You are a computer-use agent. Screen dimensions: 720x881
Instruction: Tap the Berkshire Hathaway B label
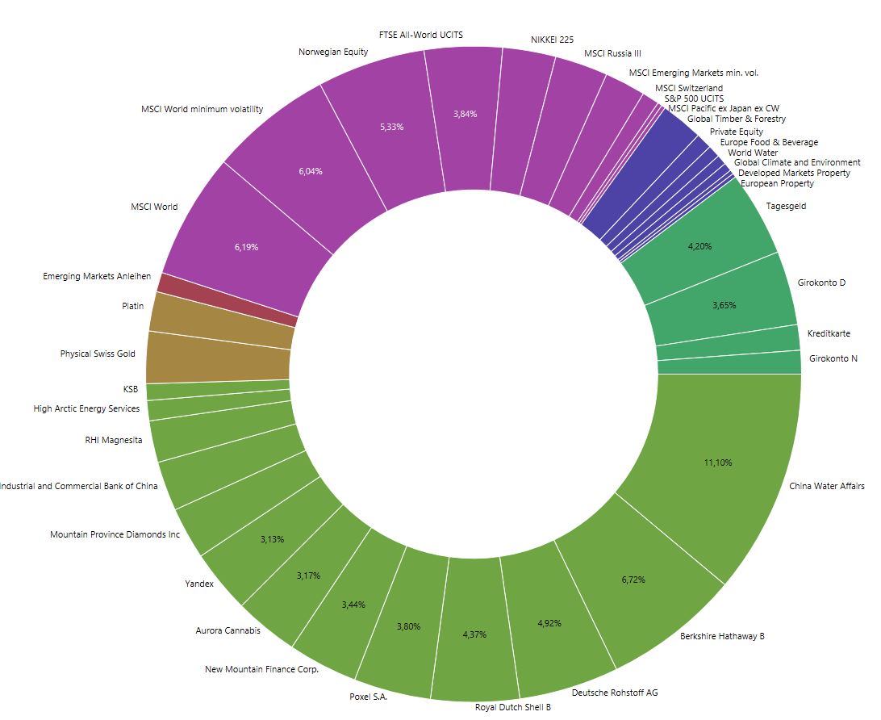[722, 636]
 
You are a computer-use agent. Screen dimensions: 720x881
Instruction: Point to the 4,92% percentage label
[549, 623]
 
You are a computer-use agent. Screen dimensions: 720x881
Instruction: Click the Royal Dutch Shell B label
[512, 707]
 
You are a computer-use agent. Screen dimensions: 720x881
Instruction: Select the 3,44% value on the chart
[353, 605]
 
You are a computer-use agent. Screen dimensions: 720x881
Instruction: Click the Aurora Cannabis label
[228, 630]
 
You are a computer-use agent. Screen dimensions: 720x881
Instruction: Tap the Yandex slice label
[199, 584]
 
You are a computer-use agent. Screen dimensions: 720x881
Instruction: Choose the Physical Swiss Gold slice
[218, 367]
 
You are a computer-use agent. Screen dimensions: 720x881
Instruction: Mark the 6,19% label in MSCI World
[246, 247]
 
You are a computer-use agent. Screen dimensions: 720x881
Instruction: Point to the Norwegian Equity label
[332, 52]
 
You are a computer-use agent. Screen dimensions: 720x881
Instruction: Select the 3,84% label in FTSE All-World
[465, 114]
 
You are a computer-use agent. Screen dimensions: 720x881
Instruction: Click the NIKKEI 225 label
[552, 39]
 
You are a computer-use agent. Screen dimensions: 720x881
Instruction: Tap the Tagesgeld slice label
[785, 206]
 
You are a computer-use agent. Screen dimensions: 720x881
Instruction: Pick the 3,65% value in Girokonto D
[724, 305]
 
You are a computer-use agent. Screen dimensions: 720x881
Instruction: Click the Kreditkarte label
[828, 333]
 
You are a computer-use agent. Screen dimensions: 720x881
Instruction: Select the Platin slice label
[132, 306]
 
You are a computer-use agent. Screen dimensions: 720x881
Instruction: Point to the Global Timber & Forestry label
[736, 119]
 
